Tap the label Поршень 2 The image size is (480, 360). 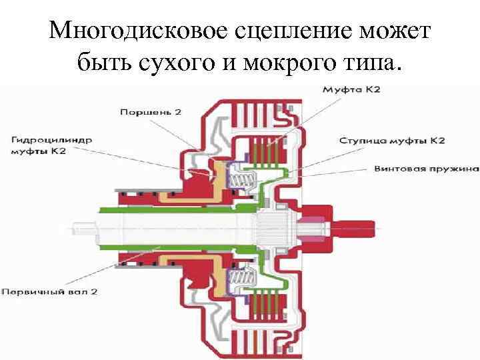coord(151,113)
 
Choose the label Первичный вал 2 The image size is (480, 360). coord(46,291)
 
